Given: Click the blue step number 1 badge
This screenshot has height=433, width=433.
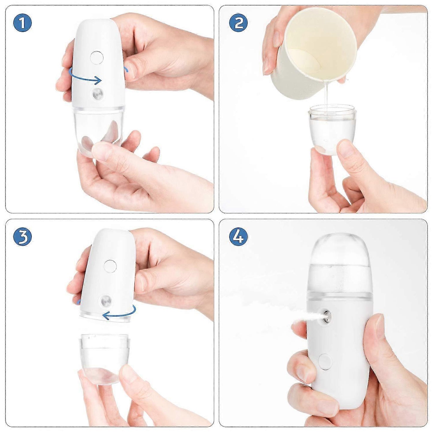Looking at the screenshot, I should coord(22,23).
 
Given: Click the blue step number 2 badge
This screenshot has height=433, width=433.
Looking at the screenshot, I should coord(239,23).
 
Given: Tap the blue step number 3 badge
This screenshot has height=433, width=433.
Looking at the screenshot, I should coord(22,237).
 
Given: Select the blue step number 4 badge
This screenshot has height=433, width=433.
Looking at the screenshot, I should coord(239,237).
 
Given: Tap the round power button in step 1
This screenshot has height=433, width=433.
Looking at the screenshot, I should coord(96,58).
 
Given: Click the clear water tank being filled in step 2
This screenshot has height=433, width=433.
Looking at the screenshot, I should coord(332,129).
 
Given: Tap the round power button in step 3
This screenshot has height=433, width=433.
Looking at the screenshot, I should coord(110,266).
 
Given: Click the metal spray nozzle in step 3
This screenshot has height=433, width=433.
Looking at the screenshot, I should coord(106,300).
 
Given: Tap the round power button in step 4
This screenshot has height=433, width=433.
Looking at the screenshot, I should coord(325,362).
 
